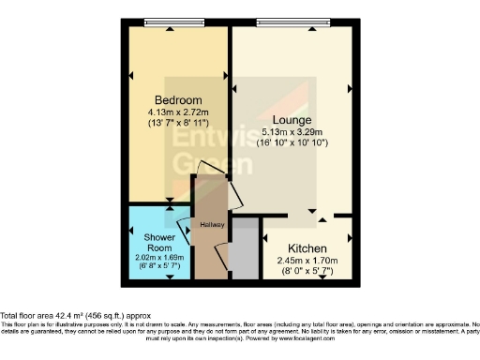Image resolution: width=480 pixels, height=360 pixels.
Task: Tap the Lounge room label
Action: coord(292,121)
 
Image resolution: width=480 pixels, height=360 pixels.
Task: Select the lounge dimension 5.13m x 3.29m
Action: coord(293,132)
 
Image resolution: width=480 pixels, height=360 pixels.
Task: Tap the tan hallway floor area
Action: coord(205,253)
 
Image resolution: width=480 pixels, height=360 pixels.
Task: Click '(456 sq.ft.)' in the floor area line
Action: coord(106,316)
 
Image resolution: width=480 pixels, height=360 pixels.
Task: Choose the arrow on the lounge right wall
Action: coord(350,89)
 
